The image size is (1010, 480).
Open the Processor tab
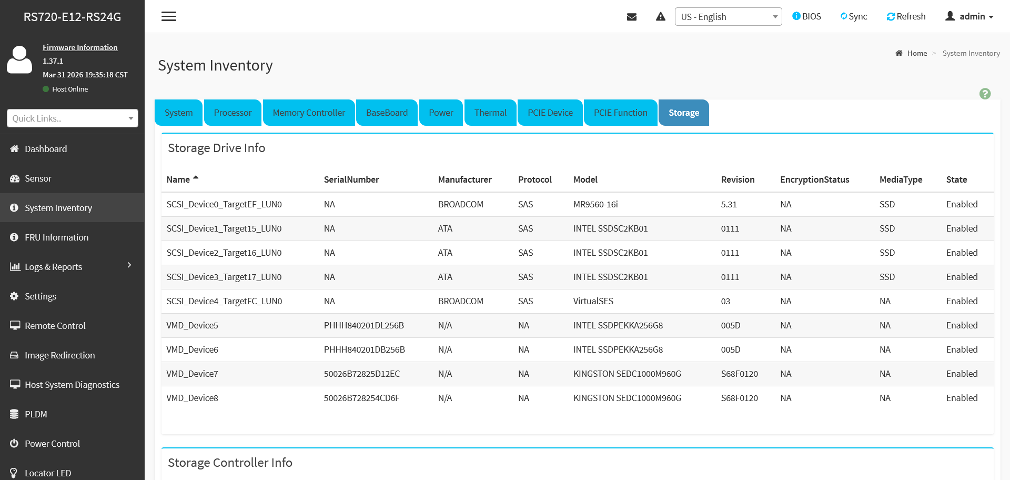click(233, 113)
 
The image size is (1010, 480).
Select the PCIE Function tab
click(621, 113)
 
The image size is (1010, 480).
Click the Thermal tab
click(490, 113)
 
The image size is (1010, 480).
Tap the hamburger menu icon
click(169, 16)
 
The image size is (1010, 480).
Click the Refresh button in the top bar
click(906, 16)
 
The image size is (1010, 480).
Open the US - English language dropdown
click(728, 16)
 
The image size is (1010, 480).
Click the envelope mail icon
click(632, 17)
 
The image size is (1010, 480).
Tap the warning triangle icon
click(661, 17)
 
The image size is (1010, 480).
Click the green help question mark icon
click(985, 94)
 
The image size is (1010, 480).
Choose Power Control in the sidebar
click(52, 444)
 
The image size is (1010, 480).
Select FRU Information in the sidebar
click(56, 237)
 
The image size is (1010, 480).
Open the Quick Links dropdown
click(73, 118)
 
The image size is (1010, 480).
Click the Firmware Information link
click(80, 47)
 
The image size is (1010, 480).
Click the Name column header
click(178, 179)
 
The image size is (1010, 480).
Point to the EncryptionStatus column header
click(815, 179)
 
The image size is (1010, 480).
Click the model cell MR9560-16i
click(595, 204)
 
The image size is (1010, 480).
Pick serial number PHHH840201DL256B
click(364, 325)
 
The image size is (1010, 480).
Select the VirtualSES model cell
click(593, 301)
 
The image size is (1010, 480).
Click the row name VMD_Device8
click(192, 398)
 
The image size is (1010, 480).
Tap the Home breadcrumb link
click(917, 53)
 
